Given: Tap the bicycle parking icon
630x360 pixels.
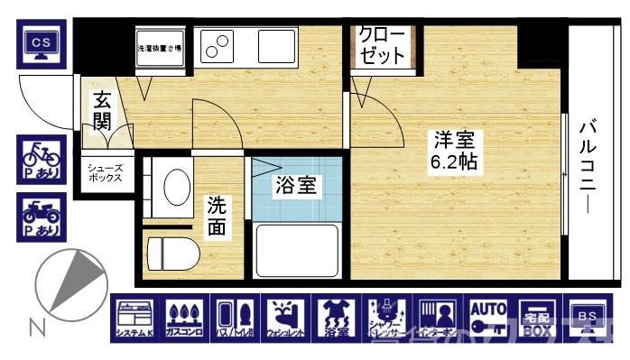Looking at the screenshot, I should pyautogui.click(x=41, y=159).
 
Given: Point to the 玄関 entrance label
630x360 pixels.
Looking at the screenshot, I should pyautogui.click(x=100, y=108).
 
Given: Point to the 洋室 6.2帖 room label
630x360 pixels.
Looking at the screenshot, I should pyautogui.click(x=453, y=152).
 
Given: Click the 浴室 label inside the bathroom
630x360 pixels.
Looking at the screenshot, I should pyautogui.click(x=295, y=187).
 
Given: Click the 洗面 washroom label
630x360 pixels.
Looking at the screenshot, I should pyautogui.click(x=217, y=216).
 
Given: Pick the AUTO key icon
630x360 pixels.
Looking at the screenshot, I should pyautogui.click(x=488, y=319).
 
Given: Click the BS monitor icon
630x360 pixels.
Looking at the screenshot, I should pyautogui.click(x=588, y=319).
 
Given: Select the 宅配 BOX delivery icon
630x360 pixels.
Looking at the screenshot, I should pyautogui.click(x=539, y=319).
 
